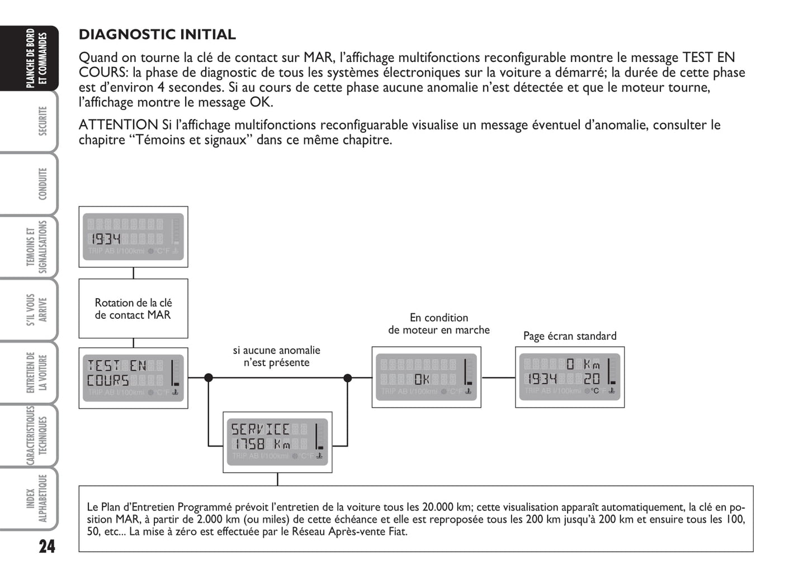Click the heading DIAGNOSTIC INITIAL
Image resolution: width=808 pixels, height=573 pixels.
pos(157,35)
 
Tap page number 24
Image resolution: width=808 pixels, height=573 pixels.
pos(47,546)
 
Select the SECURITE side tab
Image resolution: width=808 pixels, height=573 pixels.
pos(41,121)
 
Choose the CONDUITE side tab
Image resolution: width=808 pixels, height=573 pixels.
pos(41,184)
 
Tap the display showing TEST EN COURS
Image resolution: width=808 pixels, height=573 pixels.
pos(133,378)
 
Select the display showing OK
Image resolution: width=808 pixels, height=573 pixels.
pos(426,377)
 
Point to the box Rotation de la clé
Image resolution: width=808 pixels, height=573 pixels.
pos(133,309)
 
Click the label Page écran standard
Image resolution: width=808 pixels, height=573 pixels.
pos(570,336)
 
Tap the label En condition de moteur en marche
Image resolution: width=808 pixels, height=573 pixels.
pos(439,324)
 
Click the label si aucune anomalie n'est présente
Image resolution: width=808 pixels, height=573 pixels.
pos(277,356)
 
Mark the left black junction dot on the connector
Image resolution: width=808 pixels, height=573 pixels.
pos(209,378)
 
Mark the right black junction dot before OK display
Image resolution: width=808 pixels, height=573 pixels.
pos(347,378)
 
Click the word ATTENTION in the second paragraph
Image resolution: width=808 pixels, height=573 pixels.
pos(119,125)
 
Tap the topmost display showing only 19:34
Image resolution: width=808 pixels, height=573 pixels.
pos(133,237)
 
